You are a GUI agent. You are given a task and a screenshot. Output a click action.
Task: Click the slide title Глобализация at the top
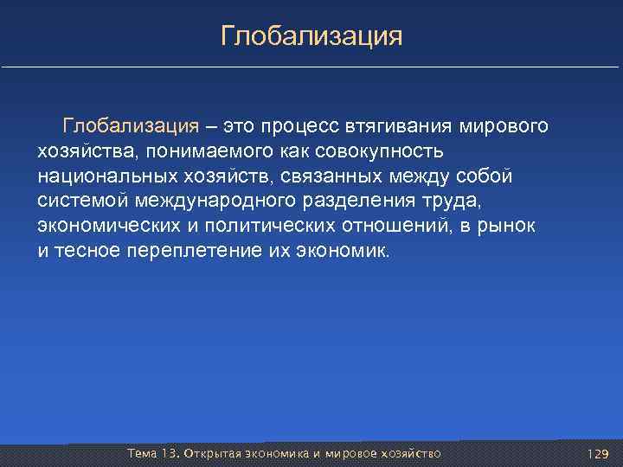coord(311,36)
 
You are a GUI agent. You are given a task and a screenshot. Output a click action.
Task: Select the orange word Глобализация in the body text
coord(131,126)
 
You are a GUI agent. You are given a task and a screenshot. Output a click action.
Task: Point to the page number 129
coord(598,454)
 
